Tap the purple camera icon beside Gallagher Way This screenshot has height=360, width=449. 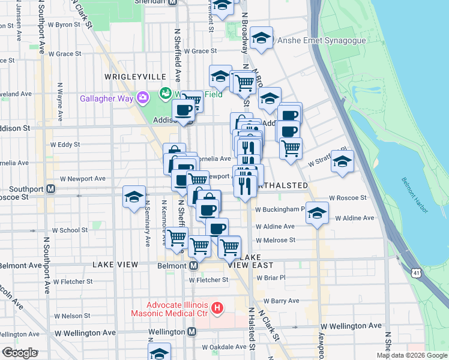143,97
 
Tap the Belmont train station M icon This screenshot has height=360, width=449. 194,265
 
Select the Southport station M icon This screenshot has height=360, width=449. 51,188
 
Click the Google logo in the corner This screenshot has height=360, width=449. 20,353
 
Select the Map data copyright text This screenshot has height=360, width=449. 412,355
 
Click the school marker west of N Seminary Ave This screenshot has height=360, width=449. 134,197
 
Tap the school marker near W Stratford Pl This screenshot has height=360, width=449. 342,161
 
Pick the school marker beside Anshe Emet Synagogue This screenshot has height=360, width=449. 261,38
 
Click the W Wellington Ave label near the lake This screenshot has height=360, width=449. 351,326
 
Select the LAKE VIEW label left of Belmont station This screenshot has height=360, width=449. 115,265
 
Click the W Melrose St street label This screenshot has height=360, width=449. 276,240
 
